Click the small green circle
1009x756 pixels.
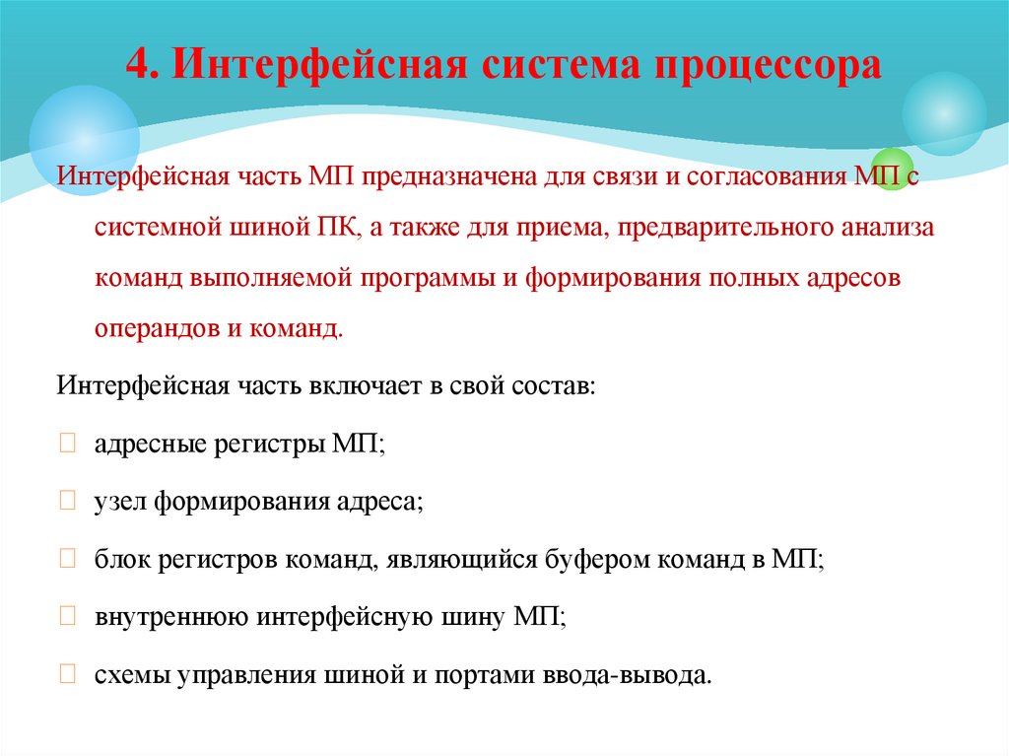coord(893,169)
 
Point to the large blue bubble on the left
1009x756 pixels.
coord(84,140)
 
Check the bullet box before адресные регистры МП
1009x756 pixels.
coord(67,445)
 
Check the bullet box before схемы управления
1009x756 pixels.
coord(67,675)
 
